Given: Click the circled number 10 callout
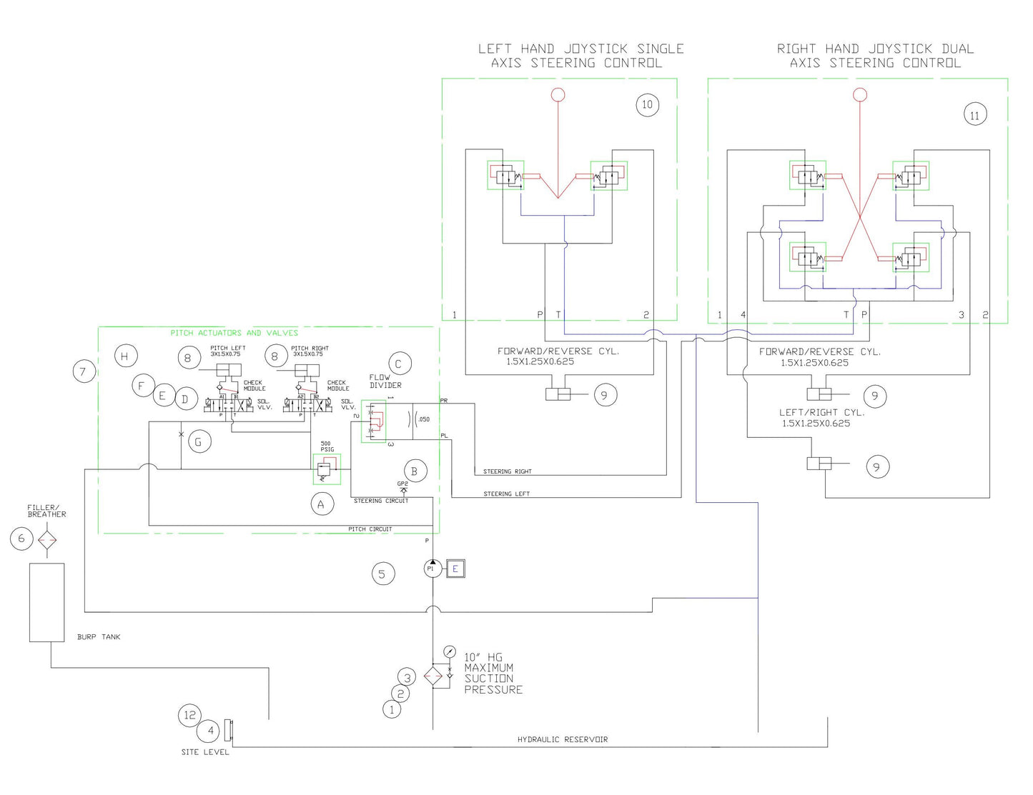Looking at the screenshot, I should pyautogui.click(x=647, y=105).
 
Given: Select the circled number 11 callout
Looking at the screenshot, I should pyautogui.click(x=974, y=115).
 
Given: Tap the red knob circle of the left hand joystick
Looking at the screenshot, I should pyautogui.click(x=558, y=94).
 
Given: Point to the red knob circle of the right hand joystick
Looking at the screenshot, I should pyautogui.click(x=861, y=94).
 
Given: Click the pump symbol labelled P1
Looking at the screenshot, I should pyautogui.click(x=433, y=568).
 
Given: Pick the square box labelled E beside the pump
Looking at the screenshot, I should pyautogui.click(x=455, y=569).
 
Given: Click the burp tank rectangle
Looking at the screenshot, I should pyautogui.click(x=46, y=602).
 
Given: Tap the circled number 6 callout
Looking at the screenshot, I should pyautogui.click(x=21, y=539).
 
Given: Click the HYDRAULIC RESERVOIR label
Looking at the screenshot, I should pyautogui.click(x=562, y=739).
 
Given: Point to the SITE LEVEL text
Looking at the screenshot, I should pyautogui.click(x=205, y=751).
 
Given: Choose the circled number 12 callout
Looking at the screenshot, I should pyautogui.click(x=189, y=715).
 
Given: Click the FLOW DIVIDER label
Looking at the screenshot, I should pyautogui.click(x=385, y=381).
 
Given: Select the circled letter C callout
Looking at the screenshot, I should pyautogui.click(x=398, y=364).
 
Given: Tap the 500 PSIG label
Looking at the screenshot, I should pyautogui.click(x=327, y=446).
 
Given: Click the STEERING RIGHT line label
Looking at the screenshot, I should pyautogui.click(x=507, y=471).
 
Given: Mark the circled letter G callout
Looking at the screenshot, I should pyautogui.click(x=198, y=442).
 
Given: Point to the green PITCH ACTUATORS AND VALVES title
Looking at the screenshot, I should pyautogui.click(x=234, y=333).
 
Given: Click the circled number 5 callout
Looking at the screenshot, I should pyautogui.click(x=382, y=574).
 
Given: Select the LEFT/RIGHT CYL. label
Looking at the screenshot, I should pyautogui.click(x=821, y=412).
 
